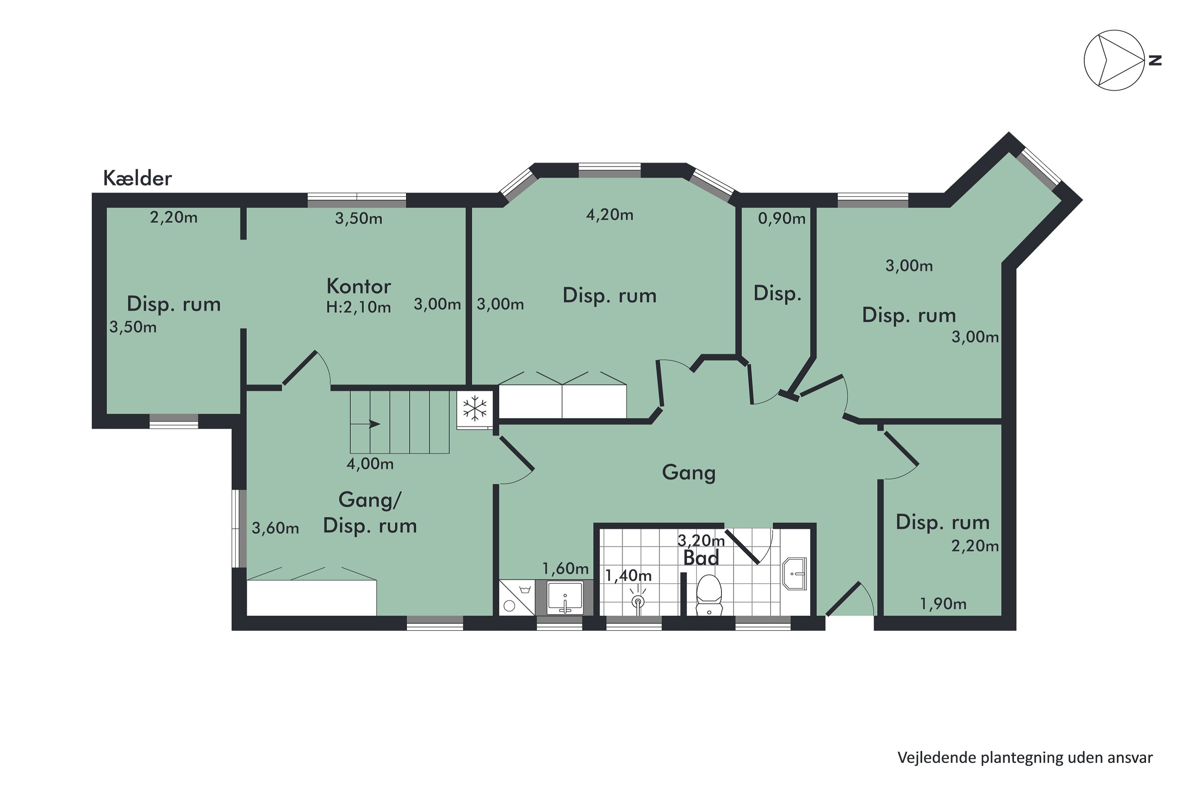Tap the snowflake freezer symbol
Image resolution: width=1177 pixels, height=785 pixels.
[474, 408]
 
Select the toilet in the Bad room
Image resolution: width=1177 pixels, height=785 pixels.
[709, 595]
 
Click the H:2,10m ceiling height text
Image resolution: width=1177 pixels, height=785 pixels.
[358, 307]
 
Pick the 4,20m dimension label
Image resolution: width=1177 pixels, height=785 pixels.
[610, 215]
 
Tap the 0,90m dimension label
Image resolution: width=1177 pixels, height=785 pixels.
[782, 218]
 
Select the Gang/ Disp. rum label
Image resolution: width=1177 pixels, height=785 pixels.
[370, 513]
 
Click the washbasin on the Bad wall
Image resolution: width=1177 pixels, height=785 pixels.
[794, 574]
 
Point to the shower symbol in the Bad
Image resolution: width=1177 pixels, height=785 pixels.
[638, 599]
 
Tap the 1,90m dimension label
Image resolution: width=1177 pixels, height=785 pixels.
[943, 604]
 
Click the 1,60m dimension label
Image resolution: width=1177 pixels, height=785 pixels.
[565, 568]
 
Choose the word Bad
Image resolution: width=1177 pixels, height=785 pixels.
[701, 558]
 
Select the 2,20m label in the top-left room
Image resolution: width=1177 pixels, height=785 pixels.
[174, 217]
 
